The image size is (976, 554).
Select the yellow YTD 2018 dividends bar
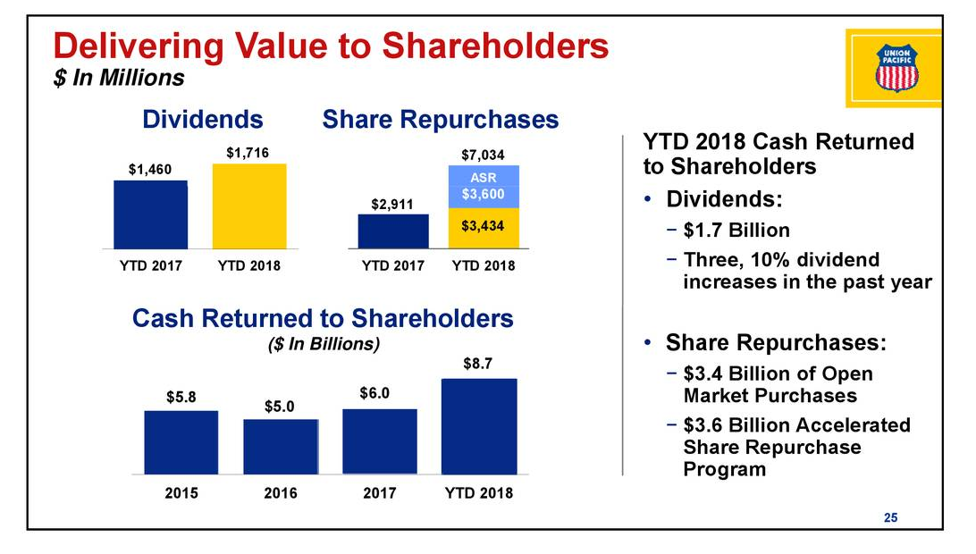[x=249, y=206]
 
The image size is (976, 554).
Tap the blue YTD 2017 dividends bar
[x=150, y=214]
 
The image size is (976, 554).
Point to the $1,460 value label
[x=149, y=170]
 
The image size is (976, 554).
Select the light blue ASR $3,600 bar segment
[x=483, y=186]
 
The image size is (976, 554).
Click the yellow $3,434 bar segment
[x=483, y=227]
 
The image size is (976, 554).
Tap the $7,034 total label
[x=483, y=155]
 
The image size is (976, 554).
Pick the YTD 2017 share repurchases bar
[x=393, y=231]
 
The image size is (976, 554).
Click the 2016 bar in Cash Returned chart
[x=281, y=446]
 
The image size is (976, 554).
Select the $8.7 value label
[x=479, y=365]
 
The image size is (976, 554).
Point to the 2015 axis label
[x=181, y=493]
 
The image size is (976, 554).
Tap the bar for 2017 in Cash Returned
[x=380, y=441]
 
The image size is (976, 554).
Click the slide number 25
[x=890, y=517]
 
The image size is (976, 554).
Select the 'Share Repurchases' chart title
[x=440, y=121]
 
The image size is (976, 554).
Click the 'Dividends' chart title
[x=203, y=121]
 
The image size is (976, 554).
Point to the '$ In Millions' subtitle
[x=118, y=79]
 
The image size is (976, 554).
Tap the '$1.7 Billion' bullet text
[x=736, y=231]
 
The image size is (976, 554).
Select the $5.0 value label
[x=281, y=407]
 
